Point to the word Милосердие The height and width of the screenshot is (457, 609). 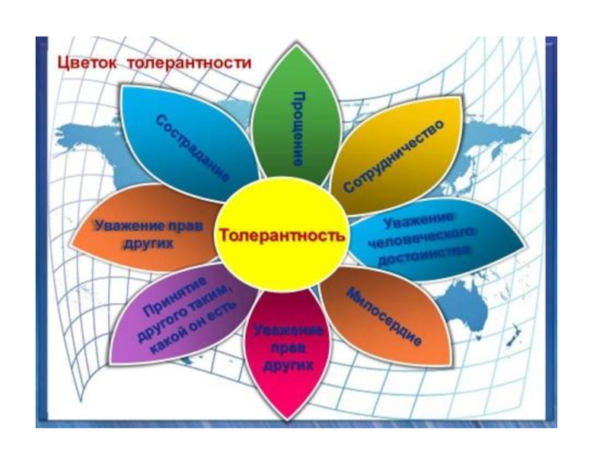(384, 317)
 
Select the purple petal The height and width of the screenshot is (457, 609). (179, 320)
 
